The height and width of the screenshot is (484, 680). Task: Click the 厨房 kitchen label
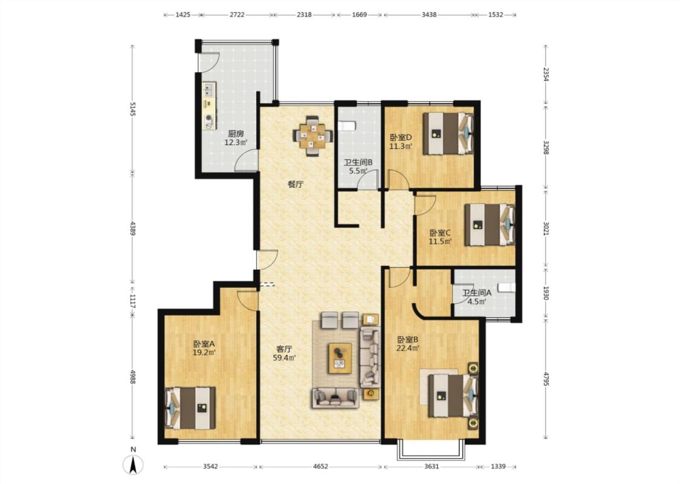[236, 134]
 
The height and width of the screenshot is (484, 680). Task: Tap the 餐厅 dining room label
[296, 184]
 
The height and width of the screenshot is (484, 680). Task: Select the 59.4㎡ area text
[284, 358]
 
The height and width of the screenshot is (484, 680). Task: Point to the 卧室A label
[204, 344]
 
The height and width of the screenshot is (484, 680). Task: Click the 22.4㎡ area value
[407, 348]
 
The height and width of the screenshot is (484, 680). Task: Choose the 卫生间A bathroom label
[477, 293]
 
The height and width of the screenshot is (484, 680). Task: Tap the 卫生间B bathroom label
[358, 162]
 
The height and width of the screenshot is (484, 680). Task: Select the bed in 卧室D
[448, 134]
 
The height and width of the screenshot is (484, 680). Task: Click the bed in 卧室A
[190, 408]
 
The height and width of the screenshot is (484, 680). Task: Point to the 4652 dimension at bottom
[320, 466]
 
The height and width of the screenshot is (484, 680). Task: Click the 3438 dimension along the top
[429, 15]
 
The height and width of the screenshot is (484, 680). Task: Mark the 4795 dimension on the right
[546, 378]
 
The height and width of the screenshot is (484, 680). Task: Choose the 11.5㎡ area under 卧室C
[440, 242]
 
